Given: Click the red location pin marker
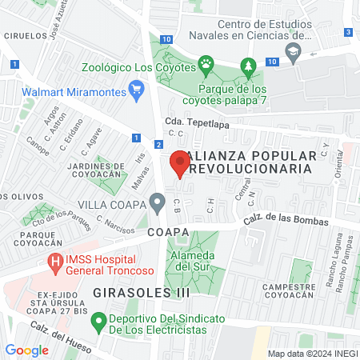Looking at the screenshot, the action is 180,163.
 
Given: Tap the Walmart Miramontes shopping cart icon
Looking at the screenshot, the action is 136,90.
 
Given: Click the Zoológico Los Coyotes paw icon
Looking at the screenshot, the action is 206,62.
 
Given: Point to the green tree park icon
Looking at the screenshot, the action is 249,65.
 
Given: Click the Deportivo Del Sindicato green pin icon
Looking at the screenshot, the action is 98,324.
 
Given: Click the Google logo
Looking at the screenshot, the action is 26,350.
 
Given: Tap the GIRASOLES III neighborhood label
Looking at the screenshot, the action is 141,293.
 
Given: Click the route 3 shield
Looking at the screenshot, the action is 349,32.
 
